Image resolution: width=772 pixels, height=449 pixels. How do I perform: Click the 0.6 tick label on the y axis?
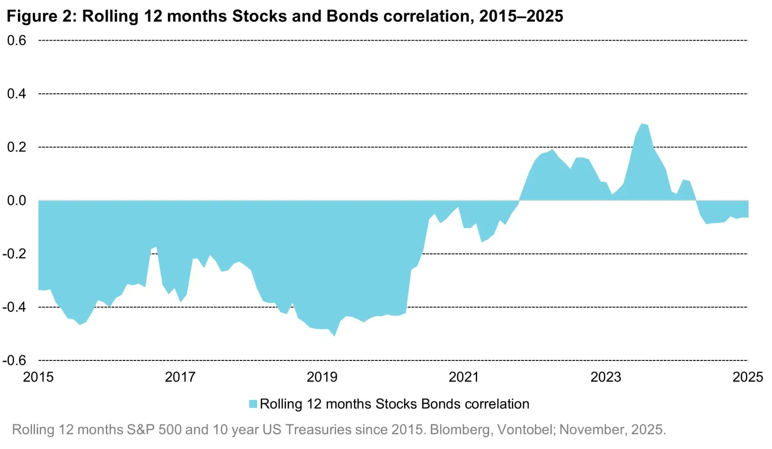(16, 40)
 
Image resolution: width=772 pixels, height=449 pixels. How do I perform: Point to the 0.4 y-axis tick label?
(16, 94)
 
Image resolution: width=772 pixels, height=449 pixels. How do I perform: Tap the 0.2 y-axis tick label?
(16, 147)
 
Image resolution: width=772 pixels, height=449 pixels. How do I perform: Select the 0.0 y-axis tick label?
(16, 200)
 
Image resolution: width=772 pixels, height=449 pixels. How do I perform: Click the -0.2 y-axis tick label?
(14, 254)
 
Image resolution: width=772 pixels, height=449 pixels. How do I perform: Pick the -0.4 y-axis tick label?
(14, 307)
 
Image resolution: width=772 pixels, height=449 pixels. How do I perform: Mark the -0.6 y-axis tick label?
(14, 360)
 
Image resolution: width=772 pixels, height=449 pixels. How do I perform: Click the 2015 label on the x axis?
(38, 377)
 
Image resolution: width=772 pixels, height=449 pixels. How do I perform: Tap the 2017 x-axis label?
(180, 377)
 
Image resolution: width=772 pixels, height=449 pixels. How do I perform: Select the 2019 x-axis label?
(322, 377)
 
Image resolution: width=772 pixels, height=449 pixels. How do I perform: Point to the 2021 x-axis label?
(464, 377)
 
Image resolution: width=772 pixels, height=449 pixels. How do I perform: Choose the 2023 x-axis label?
(606, 377)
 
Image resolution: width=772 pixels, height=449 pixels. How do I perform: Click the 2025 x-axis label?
(747, 377)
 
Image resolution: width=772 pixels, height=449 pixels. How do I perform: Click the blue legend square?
(253, 404)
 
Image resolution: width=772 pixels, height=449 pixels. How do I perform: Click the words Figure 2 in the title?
(40, 16)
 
